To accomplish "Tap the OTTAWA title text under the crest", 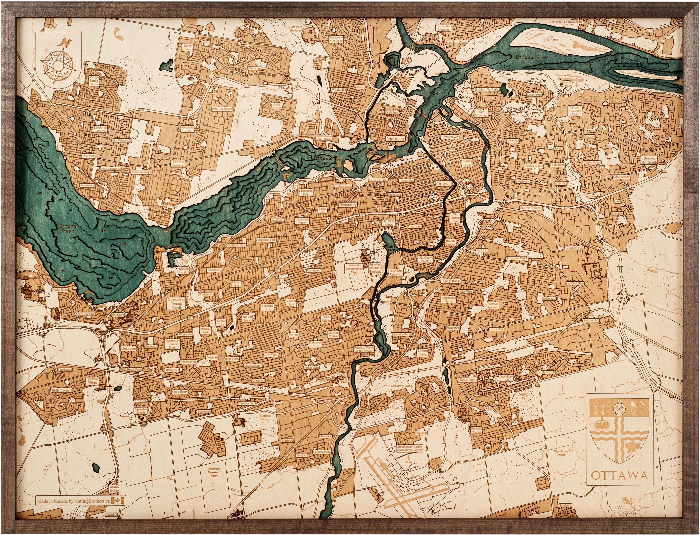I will click(619, 484).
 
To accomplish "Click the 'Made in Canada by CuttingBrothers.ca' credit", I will click(74, 501).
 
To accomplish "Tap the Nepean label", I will click(212, 357).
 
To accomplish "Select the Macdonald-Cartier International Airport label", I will click(410, 448).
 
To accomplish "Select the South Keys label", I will click(468, 380).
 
